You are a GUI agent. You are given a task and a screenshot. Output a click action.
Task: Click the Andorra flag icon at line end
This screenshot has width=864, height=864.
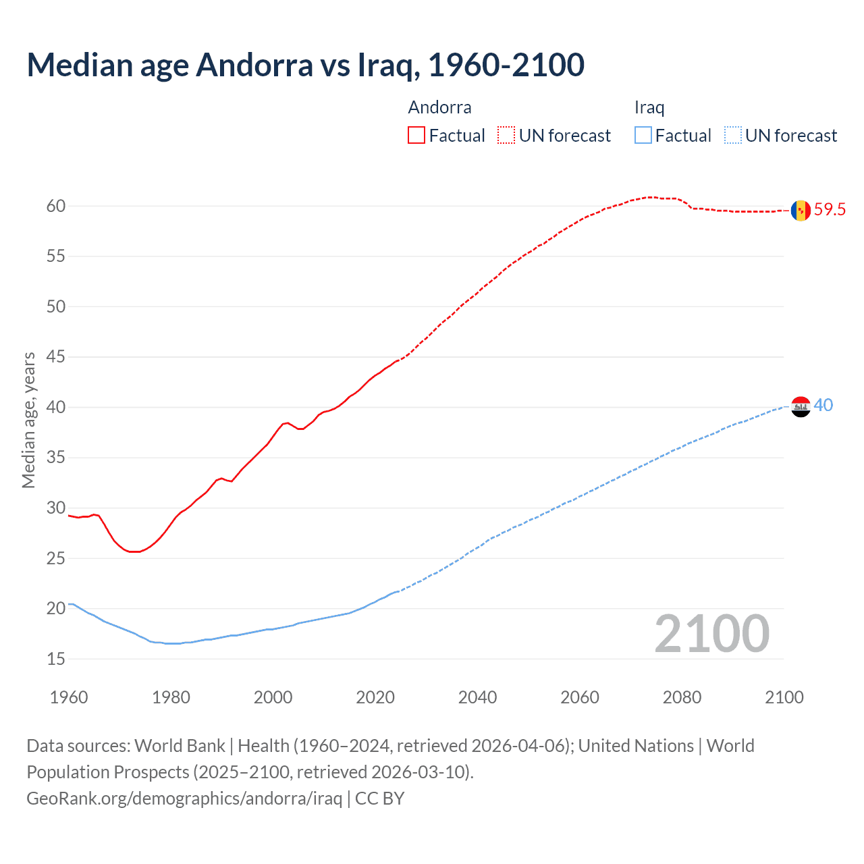tap(801, 211)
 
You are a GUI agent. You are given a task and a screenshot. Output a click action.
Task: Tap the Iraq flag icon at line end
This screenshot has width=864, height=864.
tap(801, 406)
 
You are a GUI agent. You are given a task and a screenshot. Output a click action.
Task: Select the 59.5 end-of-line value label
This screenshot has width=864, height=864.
tap(830, 210)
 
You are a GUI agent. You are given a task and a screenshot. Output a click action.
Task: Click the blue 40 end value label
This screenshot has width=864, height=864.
tap(823, 405)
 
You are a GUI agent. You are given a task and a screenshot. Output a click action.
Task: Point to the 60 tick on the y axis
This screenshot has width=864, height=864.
tap(56, 206)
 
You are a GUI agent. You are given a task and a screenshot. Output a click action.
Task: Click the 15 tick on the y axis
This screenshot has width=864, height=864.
tap(56, 659)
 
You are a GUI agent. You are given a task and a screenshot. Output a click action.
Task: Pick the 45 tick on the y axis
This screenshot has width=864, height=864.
tap(56, 357)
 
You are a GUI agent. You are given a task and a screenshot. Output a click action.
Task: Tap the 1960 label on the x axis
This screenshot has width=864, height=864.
tap(69, 697)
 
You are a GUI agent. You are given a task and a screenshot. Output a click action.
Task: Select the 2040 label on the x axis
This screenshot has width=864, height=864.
tap(477, 697)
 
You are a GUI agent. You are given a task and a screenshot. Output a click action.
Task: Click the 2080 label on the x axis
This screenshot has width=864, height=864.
tap(682, 697)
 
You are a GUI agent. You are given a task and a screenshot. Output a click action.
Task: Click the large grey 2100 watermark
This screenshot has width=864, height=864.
tap(711, 634)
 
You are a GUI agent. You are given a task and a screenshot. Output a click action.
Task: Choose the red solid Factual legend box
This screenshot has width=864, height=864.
tap(416, 135)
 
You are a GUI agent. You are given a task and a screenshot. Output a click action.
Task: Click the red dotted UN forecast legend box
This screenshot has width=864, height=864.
tap(506, 135)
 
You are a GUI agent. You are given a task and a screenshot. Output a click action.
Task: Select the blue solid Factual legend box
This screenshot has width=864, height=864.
tap(643, 135)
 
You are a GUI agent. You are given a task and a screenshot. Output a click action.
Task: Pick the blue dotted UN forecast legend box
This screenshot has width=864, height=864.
tap(733, 135)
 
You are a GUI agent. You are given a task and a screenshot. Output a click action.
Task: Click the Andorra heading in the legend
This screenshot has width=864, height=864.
tap(439, 107)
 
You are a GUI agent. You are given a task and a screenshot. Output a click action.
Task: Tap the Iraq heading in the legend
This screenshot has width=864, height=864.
tap(649, 107)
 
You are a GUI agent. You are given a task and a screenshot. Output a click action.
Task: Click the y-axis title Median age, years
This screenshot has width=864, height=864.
tap(28, 420)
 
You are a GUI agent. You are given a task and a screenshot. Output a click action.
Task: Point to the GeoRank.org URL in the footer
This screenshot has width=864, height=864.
tap(184, 799)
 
